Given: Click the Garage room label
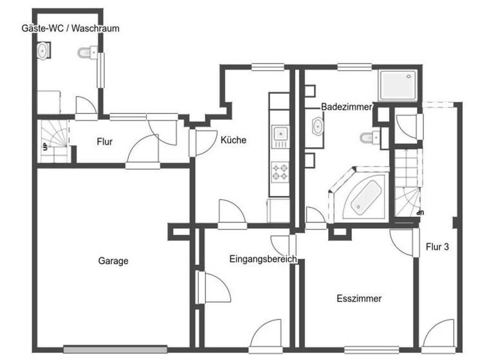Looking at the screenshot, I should point(113,261).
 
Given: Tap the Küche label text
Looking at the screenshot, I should point(233,140).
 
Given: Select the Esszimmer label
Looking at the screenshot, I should point(359,298).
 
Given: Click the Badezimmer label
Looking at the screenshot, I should point(346,107).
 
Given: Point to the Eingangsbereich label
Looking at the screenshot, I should point(262,259).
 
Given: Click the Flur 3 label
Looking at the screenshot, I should point(437,246).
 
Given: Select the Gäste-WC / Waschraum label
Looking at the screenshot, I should point(69,28).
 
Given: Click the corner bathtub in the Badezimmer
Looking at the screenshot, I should point(361,196).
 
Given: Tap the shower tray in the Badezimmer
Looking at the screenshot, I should point(399,85).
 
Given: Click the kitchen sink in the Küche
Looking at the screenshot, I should point(280,134).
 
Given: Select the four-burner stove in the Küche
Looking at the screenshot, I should point(280,171).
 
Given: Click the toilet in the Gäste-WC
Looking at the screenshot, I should point(87,52).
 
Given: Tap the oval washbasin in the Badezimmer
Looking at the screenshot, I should point(318,127).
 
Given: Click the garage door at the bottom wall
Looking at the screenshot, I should point(115,350).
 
